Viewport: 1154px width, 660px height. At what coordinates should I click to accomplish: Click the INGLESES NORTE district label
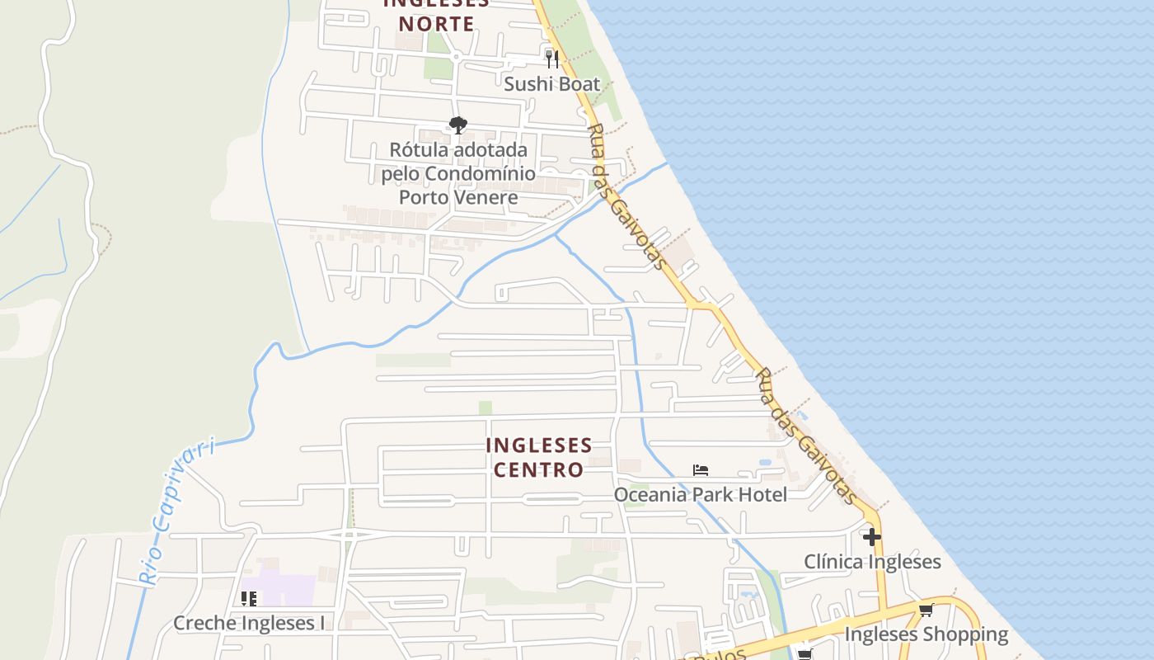(436, 15)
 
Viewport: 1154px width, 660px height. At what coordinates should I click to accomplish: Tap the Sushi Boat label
(551, 83)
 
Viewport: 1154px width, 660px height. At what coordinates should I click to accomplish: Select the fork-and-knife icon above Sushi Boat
(551, 59)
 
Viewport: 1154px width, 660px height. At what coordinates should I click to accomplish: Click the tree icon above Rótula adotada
(458, 125)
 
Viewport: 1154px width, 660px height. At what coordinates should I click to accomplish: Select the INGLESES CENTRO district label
(538, 457)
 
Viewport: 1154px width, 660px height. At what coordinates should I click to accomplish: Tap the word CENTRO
(538, 469)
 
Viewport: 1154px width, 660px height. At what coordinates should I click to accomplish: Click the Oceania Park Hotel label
(700, 494)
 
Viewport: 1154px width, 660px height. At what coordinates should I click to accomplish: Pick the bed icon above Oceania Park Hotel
(701, 470)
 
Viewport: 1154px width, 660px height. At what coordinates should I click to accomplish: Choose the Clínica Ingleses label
(872, 562)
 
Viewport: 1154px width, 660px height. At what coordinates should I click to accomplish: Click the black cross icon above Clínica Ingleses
(872, 538)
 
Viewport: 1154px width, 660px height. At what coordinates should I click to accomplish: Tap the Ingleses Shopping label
(926, 634)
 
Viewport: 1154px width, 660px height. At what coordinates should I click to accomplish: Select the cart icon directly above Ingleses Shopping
(926, 610)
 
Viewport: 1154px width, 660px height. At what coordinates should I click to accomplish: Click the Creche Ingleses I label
(249, 623)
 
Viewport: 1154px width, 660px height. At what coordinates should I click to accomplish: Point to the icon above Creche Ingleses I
(248, 599)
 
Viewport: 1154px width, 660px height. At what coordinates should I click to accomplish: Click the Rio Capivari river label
(178, 512)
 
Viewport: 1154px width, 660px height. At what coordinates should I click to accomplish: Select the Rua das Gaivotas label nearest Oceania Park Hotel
(805, 436)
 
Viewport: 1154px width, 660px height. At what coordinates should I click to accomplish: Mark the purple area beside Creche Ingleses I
(288, 587)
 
